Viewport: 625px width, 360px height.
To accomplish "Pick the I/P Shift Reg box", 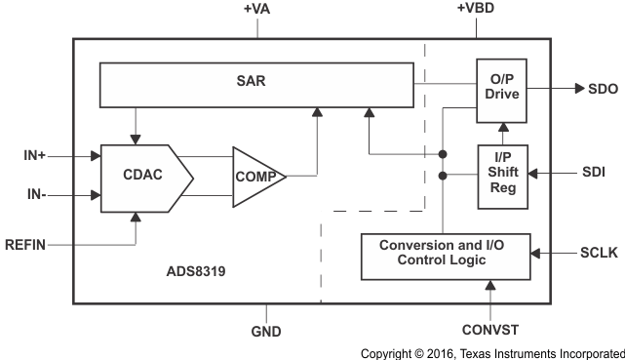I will point(502,176).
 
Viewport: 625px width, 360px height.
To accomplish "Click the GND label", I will point(264,332).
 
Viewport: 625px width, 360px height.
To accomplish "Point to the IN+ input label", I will point(34,155).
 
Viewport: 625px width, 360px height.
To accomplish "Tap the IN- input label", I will point(34,195).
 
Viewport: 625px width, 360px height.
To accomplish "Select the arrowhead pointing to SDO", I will point(565,90).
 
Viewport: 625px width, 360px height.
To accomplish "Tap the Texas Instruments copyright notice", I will point(491,352).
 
